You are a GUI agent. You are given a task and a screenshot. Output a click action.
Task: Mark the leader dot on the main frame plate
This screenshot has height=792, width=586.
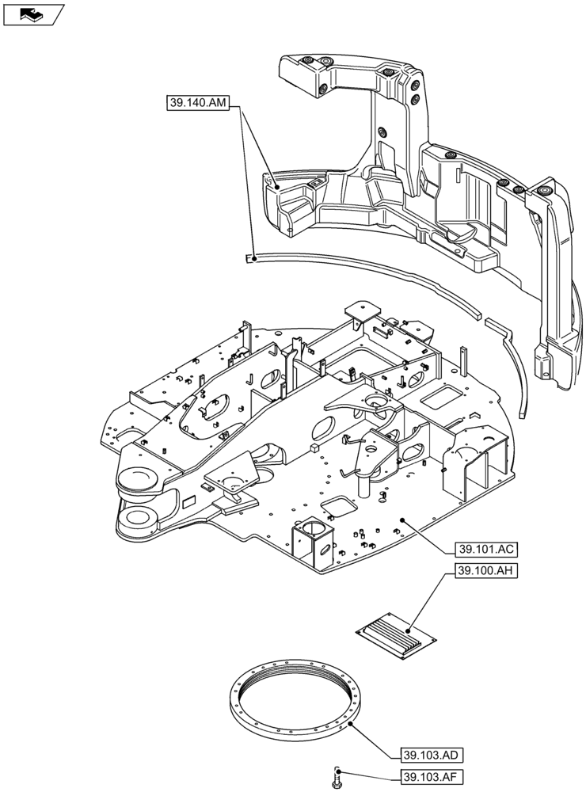[x=402, y=520]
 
